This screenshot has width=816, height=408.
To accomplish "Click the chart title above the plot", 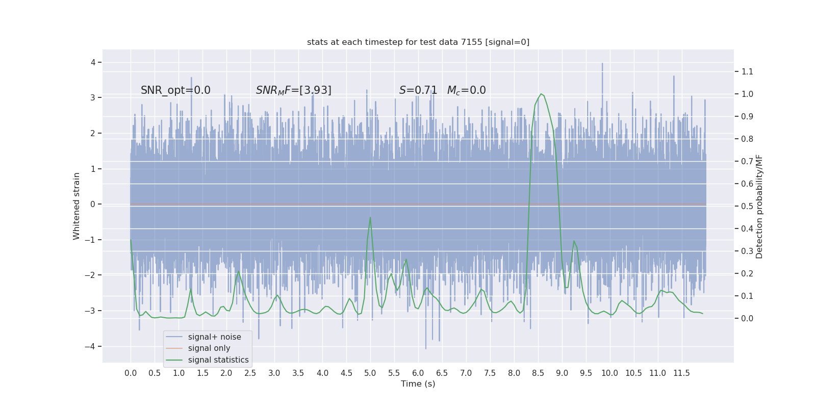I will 418,42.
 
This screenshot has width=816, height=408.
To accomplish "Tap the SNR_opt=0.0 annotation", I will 175,90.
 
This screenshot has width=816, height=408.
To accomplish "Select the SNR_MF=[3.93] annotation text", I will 293,90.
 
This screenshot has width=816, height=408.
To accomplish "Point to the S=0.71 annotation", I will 418,90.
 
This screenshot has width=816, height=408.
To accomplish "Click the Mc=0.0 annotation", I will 466,90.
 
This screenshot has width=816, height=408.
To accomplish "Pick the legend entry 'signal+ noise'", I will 214,337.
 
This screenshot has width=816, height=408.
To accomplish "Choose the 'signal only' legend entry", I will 209,348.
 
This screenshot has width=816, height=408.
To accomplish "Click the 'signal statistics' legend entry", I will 218,360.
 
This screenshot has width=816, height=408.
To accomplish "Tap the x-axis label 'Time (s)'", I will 418,384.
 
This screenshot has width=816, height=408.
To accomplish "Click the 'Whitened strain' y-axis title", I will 76,206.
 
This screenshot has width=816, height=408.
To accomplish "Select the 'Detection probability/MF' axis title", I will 759,206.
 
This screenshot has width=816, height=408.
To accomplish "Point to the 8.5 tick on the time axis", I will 538,373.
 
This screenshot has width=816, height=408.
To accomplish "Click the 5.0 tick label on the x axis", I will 370,373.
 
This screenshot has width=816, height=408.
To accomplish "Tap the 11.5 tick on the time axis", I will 681,373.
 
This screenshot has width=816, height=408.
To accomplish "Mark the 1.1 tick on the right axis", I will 747,71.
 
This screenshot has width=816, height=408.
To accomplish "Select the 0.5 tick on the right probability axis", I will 747,206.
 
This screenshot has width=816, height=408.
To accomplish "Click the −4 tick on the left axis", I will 92,346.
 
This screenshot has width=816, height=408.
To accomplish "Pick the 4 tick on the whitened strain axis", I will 93,62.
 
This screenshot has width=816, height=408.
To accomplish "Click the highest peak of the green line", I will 541,94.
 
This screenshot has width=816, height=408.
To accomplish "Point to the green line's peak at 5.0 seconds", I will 370,217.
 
